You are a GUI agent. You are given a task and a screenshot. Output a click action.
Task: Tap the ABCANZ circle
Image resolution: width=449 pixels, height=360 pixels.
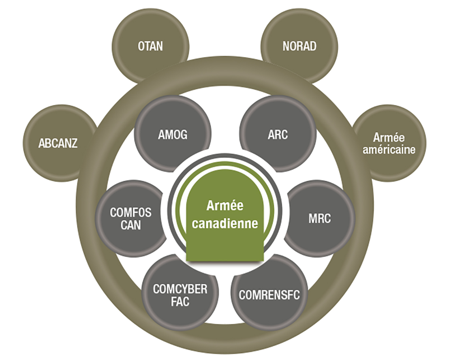tap(58, 143)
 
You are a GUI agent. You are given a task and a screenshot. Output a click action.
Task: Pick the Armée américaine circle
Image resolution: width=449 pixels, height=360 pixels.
tap(389, 143)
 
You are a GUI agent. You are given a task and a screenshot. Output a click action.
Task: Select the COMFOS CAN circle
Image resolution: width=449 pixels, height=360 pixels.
tap(131, 219)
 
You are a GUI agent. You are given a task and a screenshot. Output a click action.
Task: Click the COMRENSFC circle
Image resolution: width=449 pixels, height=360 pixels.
tap(269, 295)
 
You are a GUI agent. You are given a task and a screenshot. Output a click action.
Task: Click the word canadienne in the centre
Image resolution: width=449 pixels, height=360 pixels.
tap(225, 223)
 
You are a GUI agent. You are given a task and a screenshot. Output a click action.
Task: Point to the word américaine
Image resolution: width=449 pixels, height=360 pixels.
tap(389, 150)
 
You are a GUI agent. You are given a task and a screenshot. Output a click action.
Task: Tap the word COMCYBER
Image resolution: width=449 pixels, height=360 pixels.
tap(180, 289)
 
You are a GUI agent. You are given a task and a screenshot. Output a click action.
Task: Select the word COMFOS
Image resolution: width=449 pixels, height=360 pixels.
tap(130, 212)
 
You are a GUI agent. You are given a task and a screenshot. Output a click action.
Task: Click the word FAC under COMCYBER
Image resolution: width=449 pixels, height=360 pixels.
tap(180, 302)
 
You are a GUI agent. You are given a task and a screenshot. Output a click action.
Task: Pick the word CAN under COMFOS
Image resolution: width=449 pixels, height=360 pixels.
tap(130, 225)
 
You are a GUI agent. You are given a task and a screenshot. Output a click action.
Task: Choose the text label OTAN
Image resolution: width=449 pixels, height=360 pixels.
tap(150, 46)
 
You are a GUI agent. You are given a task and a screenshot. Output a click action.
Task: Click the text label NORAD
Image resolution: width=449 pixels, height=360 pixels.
tap(299, 46)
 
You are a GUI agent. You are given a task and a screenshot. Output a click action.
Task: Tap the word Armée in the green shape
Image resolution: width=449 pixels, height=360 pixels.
tap(225, 206)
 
